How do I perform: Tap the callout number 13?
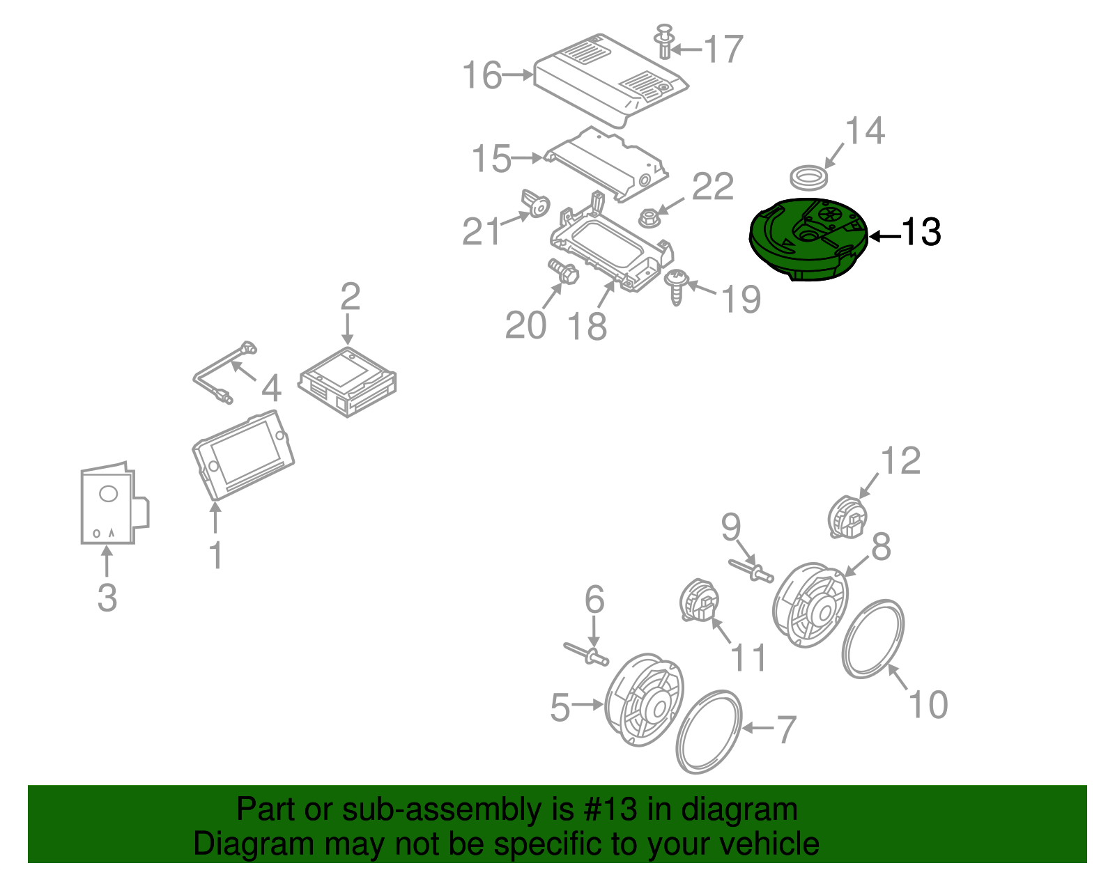coord(921,233)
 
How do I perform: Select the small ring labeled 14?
coord(809,177)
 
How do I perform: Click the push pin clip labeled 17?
coord(666,42)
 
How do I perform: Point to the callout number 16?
coord(482,75)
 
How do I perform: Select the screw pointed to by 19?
coord(676,286)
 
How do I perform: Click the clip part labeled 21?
coord(536,203)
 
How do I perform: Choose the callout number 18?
coord(587,326)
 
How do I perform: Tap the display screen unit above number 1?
coord(243,455)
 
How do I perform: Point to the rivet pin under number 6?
coord(587,654)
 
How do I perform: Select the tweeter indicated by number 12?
coord(847,518)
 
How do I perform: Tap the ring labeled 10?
coord(873,638)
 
